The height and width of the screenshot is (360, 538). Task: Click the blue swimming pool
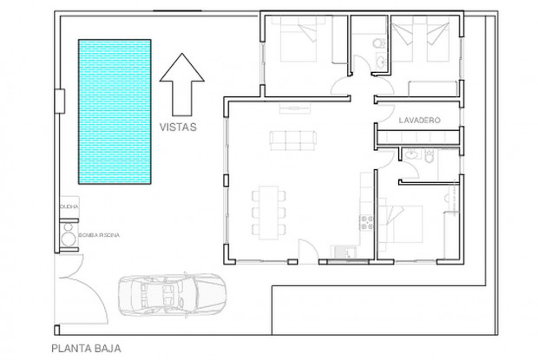pyautogui.click(x=115, y=111)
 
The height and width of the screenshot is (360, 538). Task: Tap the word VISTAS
pyautogui.click(x=180, y=127)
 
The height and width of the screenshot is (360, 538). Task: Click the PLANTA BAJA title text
pyautogui.click(x=86, y=350)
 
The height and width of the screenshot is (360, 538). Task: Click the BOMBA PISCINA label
pyautogui.click(x=97, y=235)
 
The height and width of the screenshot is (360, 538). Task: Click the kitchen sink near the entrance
pyautogui.click(x=343, y=252)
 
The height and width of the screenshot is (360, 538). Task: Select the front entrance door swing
pyautogui.click(x=306, y=252)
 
